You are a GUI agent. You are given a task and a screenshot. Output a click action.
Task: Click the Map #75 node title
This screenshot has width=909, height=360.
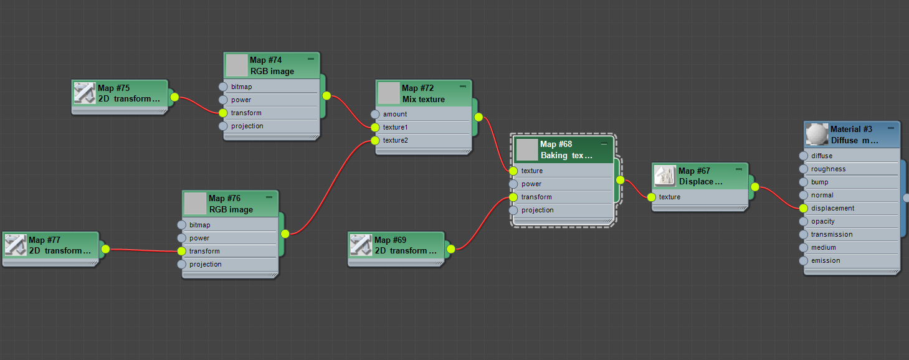pyautogui.click(x=114, y=88)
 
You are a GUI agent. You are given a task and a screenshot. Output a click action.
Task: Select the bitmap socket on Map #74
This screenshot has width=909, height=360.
pyautogui.click(x=223, y=87)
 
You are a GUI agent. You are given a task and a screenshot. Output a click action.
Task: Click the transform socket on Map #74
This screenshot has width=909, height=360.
pyautogui.click(x=223, y=113)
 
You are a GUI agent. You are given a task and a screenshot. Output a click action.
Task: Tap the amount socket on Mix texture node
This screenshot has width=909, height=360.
pyautogui.click(x=374, y=114)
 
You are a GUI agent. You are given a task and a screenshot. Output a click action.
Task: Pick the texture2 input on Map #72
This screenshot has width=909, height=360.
pyautogui.click(x=374, y=140)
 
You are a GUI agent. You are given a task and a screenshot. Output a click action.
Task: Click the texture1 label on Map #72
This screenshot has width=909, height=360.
pyautogui.click(x=395, y=127)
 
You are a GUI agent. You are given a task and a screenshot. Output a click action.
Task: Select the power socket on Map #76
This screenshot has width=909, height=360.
pyautogui.click(x=181, y=238)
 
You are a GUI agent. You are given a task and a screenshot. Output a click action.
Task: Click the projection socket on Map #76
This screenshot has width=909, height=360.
pyautogui.click(x=181, y=264)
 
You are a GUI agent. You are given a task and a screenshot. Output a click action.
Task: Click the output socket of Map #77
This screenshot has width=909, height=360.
pyautogui.click(x=105, y=249)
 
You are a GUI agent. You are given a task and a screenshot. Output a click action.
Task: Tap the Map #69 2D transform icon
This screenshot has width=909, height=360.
pyautogui.click(x=360, y=245)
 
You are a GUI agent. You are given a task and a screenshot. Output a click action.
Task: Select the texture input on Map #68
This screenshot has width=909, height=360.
pyautogui.click(x=513, y=171)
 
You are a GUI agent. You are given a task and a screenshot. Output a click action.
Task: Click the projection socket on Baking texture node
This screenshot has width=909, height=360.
pyautogui.click(x=513, y=210)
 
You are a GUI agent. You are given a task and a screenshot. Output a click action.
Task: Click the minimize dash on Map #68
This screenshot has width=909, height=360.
pyautogui.click(x=604, y=144)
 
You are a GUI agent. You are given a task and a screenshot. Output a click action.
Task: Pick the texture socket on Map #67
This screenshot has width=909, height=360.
pyautogui.click(x=651, y=197)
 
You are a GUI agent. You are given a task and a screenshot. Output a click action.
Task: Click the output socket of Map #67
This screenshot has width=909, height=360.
pyautogui.click(x=754, y=186)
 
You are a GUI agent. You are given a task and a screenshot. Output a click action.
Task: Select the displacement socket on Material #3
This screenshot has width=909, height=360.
pyautogui.click(x=803, y=208)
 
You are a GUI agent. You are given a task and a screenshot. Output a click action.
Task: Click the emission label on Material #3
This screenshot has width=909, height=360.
pyautogui.click(x=826, y=260)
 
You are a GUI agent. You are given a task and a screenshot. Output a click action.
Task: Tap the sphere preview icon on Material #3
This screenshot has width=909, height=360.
pyautogui.click(x=816, y=134)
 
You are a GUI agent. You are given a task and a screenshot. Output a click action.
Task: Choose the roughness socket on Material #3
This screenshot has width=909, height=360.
pyautogui.click(x=803, y=169)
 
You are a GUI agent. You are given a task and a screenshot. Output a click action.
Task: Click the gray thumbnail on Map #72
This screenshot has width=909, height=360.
pyautogui.click(x=388, y=93)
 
